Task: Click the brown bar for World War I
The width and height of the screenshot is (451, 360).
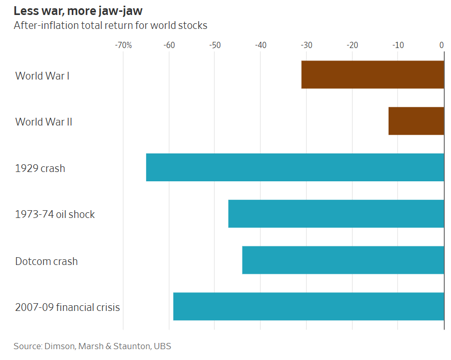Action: tap(373, 74)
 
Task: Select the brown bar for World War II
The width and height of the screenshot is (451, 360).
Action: tap(416, 121)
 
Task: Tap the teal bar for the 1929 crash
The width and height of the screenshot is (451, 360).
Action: tap(295, 167)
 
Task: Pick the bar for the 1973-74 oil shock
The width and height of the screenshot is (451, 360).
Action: tap(336, 214)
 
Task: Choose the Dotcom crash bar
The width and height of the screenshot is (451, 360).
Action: tap(343, 260)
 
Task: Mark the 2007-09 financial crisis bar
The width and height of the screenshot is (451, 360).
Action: tap(309, 306)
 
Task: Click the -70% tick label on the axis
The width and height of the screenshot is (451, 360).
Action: tap(123, 45)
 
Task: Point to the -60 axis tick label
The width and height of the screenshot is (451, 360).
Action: tap(169, 45)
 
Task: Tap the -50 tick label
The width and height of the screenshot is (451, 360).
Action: tap(215, 45)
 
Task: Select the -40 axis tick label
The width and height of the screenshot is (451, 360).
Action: tap(261, 45)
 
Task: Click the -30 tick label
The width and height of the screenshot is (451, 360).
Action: tap(307, 45)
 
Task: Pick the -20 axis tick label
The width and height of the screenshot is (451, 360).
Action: tap(352, 45)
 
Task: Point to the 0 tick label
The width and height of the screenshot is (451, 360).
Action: tap(442, 45)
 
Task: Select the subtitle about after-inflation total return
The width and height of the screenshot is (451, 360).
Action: tap(110, 25)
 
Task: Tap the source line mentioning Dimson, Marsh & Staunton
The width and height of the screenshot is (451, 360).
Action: tap(92, 346)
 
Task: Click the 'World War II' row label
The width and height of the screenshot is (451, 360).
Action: tap(44, 122)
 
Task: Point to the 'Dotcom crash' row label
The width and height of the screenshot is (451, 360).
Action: tap(46, 261)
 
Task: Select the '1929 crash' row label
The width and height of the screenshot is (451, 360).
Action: tap(40, 168)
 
